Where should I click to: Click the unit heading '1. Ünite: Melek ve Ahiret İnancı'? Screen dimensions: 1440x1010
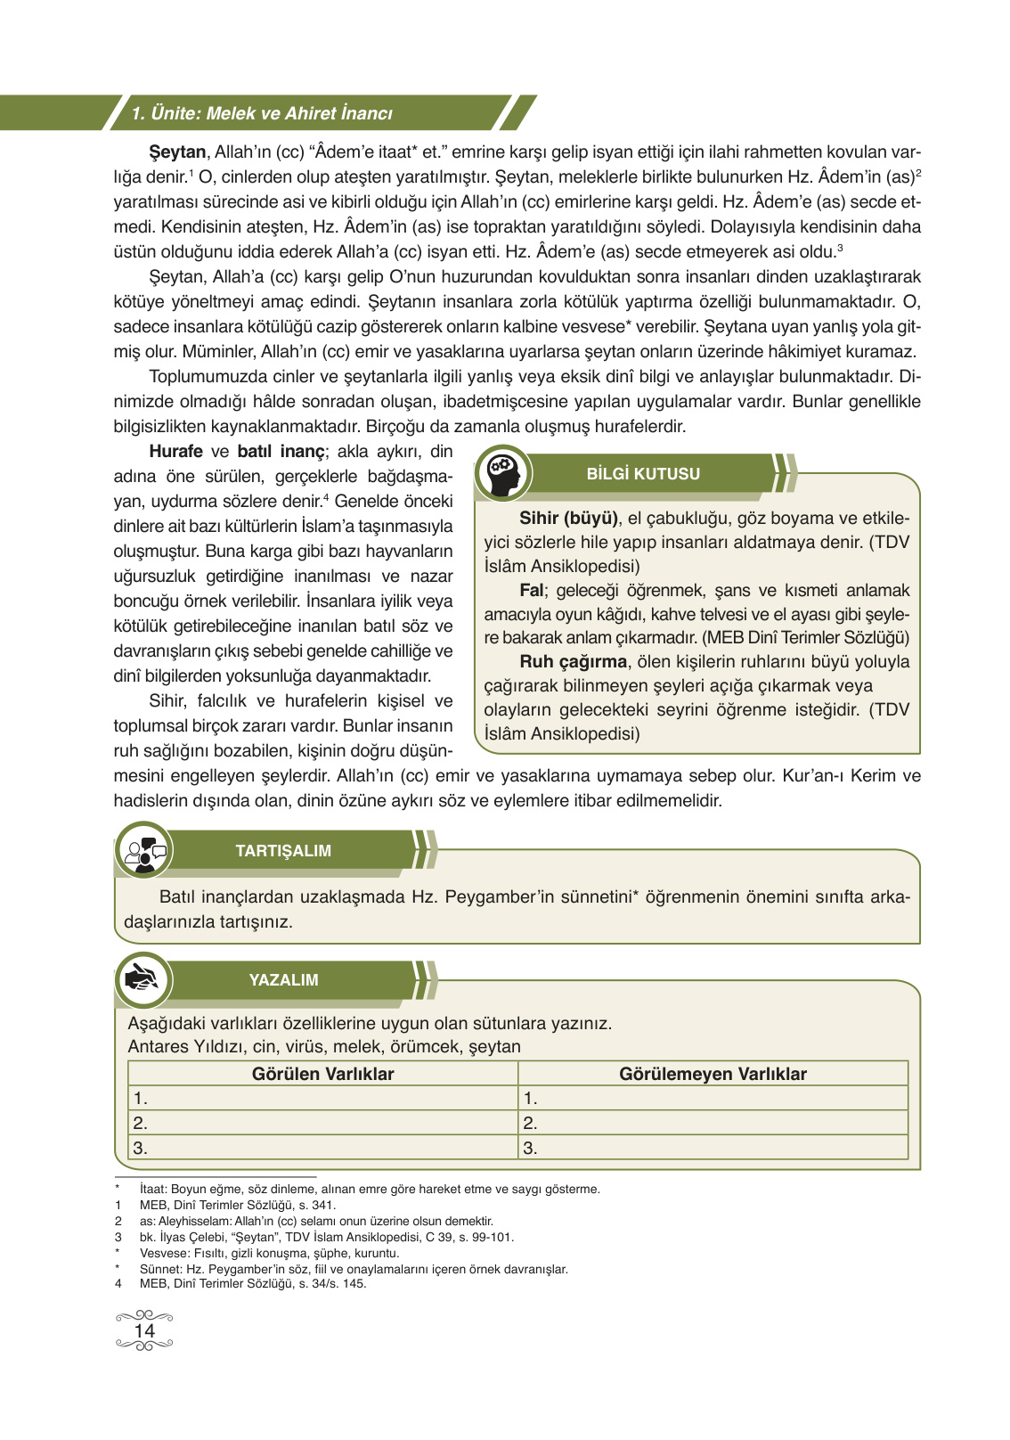[x=262, y=113]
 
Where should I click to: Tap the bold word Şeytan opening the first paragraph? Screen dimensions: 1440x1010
[x=177, y=152]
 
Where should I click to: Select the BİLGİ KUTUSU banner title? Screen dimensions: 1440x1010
[x=642, y=474]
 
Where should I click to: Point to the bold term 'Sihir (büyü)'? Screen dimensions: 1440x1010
[x=568, y=518]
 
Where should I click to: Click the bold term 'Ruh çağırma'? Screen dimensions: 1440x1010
[x=574, y=662]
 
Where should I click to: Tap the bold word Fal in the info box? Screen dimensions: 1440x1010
[x=531, y=590]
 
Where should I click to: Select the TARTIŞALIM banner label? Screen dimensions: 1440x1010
[x=282, y=851]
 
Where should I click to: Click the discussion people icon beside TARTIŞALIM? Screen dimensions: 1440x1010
[x=144, y=851]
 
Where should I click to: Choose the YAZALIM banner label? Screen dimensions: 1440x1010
[x=282, y=980]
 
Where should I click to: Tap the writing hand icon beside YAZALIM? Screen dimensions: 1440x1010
[x=143, y=980]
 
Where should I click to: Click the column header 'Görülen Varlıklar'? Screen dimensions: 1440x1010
[x=322, y=1074]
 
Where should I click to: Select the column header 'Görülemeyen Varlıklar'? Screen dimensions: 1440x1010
[x=713, y=1074]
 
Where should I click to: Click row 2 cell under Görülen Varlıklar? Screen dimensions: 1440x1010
[x=322, y=1123]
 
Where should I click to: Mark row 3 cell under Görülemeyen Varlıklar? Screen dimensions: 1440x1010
[x=713, y=1148]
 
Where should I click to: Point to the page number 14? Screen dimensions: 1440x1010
[x=143, y=1331]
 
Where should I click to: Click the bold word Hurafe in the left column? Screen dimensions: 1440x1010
[x=175, y=452]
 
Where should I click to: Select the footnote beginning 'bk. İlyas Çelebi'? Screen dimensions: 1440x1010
[x=326, y=1237]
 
